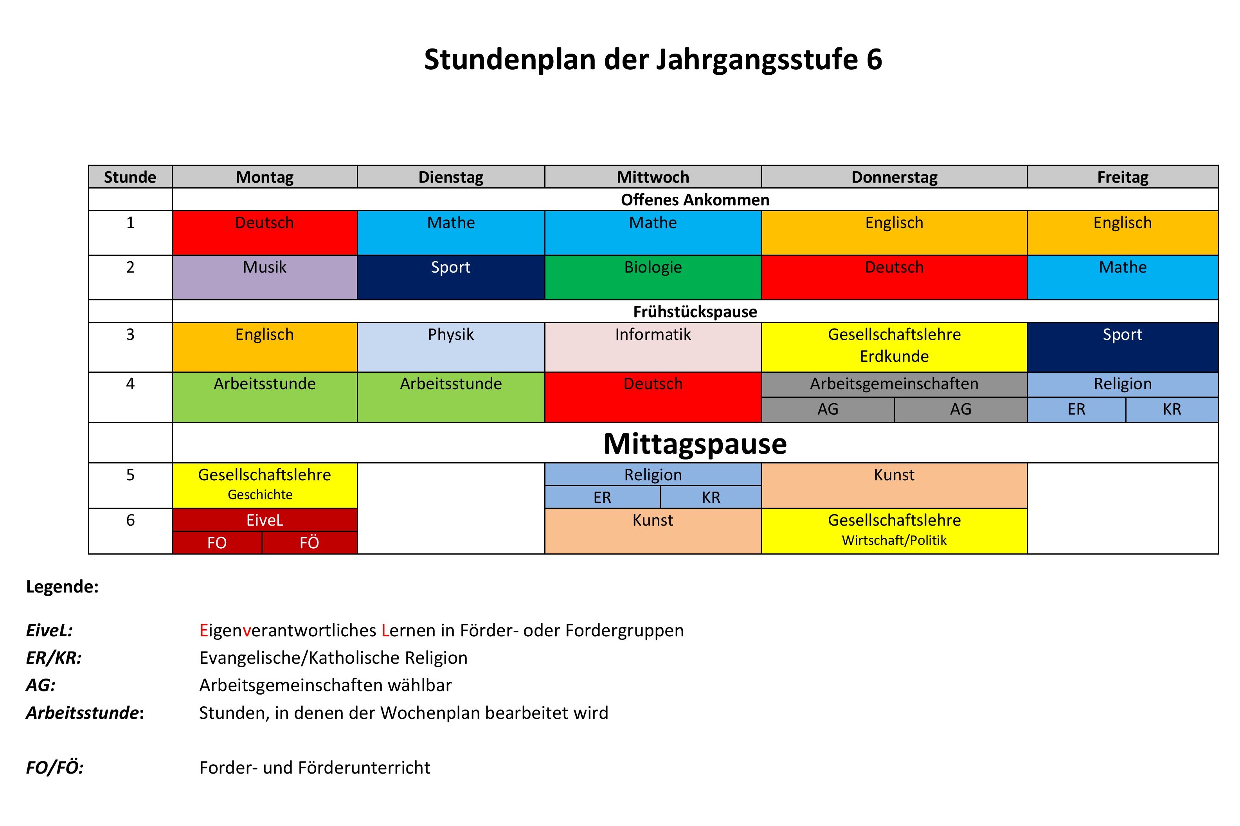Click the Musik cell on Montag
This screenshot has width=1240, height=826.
tap(264, 277)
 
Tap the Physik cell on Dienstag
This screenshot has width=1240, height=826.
tap(451, 346)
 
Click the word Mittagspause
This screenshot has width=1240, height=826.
tap(695, 444)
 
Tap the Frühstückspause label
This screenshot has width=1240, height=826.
tap(695, 311)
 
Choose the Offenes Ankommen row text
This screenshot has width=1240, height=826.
tap(695, 199)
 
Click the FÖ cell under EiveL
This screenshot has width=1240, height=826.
tap(310, 542)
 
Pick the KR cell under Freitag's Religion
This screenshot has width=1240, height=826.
tap(1171, 409)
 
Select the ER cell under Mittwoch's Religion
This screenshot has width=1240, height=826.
tap(602, 497)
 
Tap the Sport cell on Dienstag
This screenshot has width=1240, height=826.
tap(451, 277)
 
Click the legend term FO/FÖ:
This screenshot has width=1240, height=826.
tap(55, 767)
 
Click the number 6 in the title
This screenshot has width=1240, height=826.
tap(874, 59)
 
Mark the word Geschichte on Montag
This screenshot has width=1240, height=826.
tap(260, 495)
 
